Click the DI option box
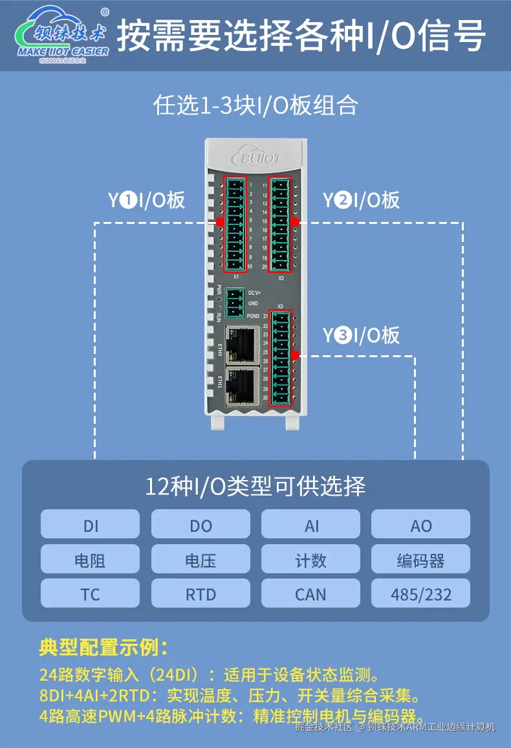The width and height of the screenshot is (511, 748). (x=90, y=524)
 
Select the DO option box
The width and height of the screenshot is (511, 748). (x=201, y=524)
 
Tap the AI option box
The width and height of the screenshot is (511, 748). (x=310, y=524)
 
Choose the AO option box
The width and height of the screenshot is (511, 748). (x=420, y=524)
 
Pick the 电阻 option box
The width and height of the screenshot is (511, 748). (x=90, y=559)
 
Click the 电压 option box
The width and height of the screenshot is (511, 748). (x=201, y=559)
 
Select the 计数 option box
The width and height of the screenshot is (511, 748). (x=310, y=559)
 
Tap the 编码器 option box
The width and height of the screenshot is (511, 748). (x=420, y=559)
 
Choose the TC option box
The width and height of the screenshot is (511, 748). (x=90, y=593)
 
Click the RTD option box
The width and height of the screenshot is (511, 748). (x=201, y=593)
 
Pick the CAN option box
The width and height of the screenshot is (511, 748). (x=310, y=593)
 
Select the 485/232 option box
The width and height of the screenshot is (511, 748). (x=420, y=593)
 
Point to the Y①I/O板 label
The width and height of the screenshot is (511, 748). (x=146, y=200)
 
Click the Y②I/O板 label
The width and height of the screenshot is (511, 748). (x=361, y=200)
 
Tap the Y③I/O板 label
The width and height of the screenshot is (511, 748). (x=361, y=335)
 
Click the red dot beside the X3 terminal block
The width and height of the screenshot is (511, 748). (x=295, y=355)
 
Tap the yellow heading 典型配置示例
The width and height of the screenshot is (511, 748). (x=103, y=647)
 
